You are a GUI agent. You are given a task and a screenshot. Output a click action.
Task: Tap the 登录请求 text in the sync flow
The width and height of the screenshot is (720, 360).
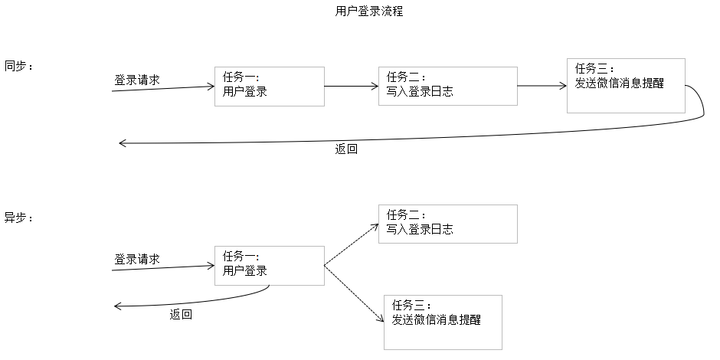click(137, 80)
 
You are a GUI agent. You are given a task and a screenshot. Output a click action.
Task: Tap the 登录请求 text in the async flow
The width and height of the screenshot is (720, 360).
click(137, 259)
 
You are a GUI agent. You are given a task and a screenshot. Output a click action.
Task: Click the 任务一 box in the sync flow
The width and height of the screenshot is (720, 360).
click(269, 86)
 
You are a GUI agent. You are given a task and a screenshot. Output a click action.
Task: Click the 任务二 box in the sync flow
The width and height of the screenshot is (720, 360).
click(447, 86)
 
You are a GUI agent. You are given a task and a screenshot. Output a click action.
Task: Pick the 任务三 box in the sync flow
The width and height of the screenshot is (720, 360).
click(626, 85)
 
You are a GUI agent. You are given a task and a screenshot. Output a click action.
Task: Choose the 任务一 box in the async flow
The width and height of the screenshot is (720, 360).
click(269, 265)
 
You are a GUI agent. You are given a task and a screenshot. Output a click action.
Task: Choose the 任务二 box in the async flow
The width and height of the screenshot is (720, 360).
click(447, 224)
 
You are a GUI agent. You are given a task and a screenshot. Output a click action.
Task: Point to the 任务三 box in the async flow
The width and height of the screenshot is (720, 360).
click(443, 322)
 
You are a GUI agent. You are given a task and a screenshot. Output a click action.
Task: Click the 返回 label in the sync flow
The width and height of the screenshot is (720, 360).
click(346, 149)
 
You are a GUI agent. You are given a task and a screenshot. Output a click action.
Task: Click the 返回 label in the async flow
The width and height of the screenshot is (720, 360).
click(181, 314)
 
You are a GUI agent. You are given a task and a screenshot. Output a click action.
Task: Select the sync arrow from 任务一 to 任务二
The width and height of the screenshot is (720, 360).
click(351, 86)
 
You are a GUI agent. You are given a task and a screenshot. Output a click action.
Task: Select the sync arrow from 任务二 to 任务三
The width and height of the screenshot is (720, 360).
click(542, 86)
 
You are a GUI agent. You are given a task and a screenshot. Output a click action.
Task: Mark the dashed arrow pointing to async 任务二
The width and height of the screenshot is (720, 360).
click(352, 245)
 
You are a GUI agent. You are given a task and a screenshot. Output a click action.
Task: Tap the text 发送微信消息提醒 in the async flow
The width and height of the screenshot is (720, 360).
click(436, 319)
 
